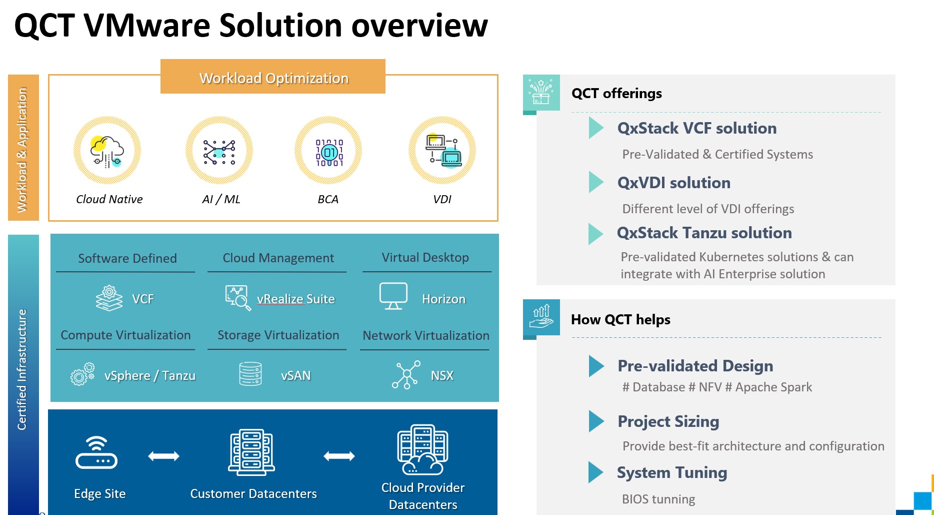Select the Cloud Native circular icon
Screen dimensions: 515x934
coord(107,150)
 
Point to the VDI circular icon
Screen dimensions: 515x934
coord(442,150)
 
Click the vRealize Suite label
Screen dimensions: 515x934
coord(295,299)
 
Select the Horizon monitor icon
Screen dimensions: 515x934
coord(393,296)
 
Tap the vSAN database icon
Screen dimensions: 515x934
coord(250,374)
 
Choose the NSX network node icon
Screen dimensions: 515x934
coord(406,375)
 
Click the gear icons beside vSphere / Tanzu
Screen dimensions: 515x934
coord(82,374)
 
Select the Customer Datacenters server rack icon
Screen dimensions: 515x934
coord(251,452)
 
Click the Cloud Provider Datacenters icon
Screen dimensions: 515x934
coord(422,449)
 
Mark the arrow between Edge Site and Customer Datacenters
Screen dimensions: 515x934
coord(163,456)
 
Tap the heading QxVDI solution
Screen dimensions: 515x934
coord(673,183)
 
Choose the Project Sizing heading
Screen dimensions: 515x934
coord(668,421)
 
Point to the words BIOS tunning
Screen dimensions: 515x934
coord(658,499)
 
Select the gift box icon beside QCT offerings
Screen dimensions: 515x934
coord(541,92)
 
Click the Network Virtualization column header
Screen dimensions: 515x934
coord(425,335)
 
